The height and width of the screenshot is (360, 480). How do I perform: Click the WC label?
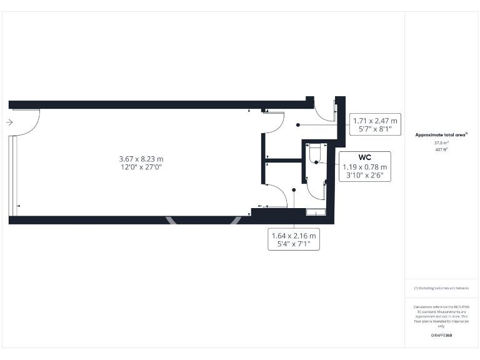(x=364, y=157)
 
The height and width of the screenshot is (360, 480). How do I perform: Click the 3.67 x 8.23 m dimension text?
(x=136, y=159)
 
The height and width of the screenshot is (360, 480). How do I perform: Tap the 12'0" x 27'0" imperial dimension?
(x=136, y=167)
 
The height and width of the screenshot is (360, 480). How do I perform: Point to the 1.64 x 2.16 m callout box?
(x=294, y=239)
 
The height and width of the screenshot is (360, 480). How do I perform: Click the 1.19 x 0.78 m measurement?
(x=364, y=167)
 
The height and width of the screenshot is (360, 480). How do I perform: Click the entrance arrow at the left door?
(x=9, y=122)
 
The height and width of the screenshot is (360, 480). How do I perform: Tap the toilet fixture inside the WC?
(x=314, y=151)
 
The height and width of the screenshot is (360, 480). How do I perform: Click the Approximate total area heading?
(x=442, y=134)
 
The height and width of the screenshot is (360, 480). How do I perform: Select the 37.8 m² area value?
(x=441, y=142)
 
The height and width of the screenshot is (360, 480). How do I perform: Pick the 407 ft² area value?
(x=441, y=150)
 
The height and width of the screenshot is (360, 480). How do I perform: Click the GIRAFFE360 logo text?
(x=441, y=336)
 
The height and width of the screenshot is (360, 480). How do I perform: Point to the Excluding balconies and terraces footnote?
(x=441, y=288)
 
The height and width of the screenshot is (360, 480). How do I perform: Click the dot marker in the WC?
(x=317, y=162)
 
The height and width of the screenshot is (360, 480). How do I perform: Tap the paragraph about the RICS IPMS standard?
(x=441, y=316)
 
